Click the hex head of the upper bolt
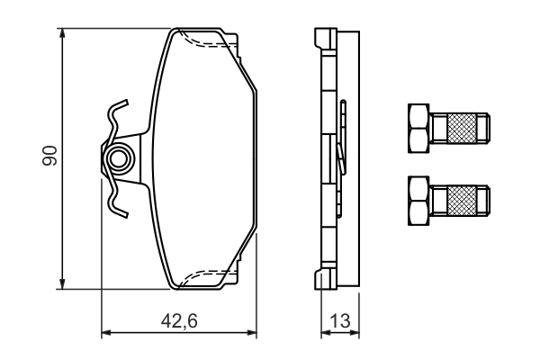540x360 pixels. click(x=418, y=127)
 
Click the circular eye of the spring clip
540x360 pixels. click(x=118, y=161)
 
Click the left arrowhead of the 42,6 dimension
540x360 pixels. click(x=104, y=333)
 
